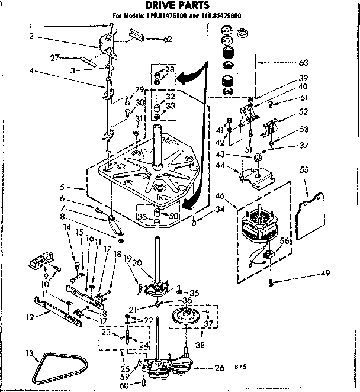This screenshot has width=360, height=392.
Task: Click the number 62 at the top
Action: tap(167, 39)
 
